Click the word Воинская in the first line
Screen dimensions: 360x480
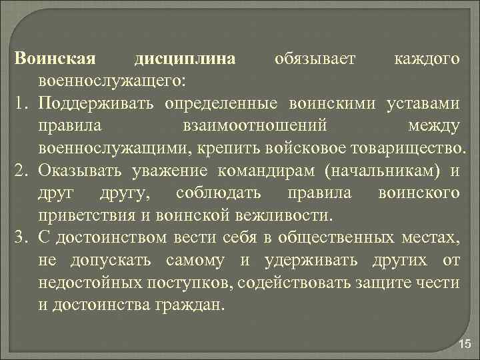pyautogui.click(x=46, y=59)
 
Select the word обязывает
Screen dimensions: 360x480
pyautogui.click(x=316, y=59)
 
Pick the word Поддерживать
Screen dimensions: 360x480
pyautogui.click(x=97, y=103)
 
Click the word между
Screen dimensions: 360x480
pyautogui.click(x=433, y=125)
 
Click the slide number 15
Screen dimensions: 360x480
pyautogui.click(x=464, y=343)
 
